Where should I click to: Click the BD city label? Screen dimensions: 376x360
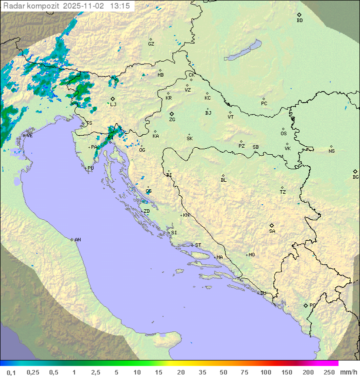coord(299,21)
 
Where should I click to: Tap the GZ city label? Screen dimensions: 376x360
coord(151,44)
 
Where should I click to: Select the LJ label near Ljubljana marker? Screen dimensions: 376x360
coord(113,105)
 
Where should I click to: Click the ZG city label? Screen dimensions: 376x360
coord(172,120)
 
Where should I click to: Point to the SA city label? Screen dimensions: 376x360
coord(272,231)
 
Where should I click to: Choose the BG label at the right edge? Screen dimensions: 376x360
coord(355,177)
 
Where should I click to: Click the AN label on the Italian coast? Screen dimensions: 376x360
coord(77,240)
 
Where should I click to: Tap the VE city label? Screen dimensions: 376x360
coord(29,136)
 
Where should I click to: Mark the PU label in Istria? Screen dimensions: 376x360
coord(90,168)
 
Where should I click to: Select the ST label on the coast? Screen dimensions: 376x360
coord(198,245)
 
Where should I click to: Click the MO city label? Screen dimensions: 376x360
coord(251,255)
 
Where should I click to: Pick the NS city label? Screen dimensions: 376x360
coord(331,151)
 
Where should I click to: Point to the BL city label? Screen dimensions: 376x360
coord(223,180)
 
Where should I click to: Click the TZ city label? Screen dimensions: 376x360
coord(283,192)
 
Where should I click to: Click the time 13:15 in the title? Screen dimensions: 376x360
coord(120,6)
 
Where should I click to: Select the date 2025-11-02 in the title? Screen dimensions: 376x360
coord(85,6)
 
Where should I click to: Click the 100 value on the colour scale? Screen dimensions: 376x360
coord(266,372)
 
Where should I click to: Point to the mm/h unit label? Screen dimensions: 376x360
coord(348,372)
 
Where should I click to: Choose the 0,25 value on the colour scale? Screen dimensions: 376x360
coord(33,372)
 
